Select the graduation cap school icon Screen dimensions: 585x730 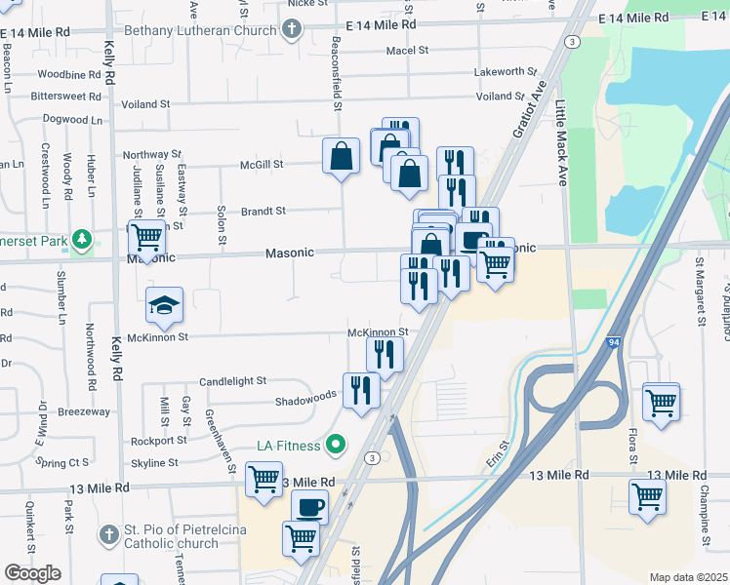165,305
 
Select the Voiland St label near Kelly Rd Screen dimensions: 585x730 144,103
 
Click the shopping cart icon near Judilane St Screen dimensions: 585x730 146,237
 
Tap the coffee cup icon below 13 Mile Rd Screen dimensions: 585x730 311,507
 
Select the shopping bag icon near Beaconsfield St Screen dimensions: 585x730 342,156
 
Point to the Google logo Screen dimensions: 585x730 32,574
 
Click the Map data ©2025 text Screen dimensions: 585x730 688,577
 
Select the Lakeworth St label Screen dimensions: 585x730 505,71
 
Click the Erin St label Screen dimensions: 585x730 495,451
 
